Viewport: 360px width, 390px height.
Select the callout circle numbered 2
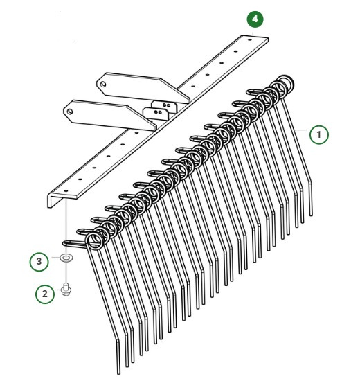pyautogui.click(x=46, y=294)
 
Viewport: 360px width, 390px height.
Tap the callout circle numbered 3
pyautogui.click(x=39, y=262)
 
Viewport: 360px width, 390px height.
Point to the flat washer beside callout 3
pyautogui.click(x=66, y=258)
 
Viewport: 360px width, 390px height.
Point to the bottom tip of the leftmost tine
pyautogui.click(x=119, y=370)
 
